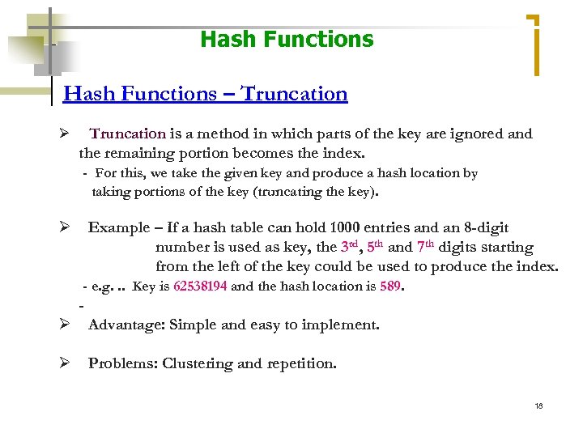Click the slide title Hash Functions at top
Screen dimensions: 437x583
pos(287,39)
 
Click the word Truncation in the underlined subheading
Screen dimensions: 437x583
pos(295,94)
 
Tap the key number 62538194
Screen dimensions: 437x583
pos(200,286)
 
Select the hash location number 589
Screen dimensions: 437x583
pos(391,286)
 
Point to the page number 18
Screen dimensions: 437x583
pos(538,405)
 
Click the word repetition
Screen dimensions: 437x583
pos(300,363)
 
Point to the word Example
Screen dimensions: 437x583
pos(119,228)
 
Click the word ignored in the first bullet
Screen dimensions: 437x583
pos(477,134)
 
